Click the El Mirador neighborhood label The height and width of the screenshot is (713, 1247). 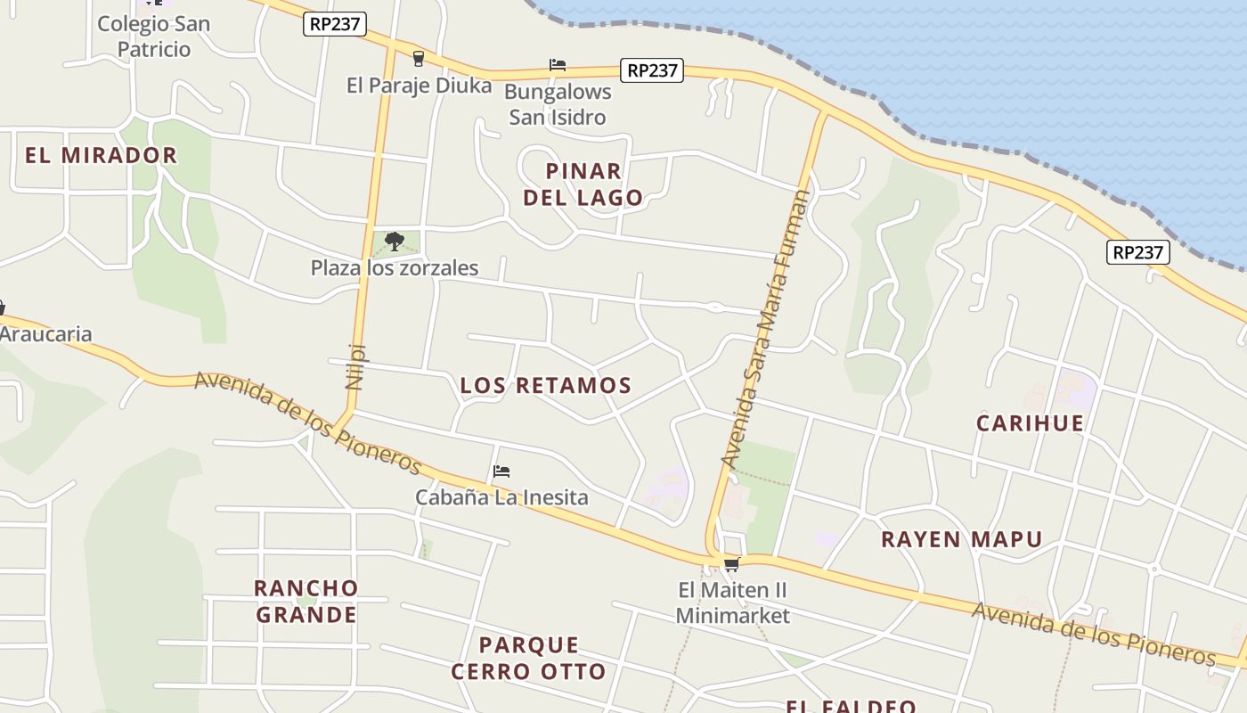[x=101, y=155]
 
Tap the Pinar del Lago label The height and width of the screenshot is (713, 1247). [x=583, y=184]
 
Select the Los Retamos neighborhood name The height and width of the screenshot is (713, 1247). [x=545, y=385]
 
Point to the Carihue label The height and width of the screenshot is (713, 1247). [x=1030, y=422]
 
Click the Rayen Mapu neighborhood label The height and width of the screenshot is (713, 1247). [x=961, y=539]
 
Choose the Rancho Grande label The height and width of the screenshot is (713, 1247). [x=306, y=602]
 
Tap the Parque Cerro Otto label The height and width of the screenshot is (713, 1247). [x=528, y=658]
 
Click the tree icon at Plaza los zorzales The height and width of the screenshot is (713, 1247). [x=395, y=241]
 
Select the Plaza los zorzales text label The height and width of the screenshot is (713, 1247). [x=395, y=267]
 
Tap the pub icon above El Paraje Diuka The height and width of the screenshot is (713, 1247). [x=418, y=59]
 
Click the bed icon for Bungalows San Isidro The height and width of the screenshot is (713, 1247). [x=558, y=65]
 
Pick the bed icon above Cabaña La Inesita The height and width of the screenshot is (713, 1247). [x=501, y=471]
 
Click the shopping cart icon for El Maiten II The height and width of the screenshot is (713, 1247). [x=732, y=564]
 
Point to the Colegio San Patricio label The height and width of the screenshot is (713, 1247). [x=153, y=37]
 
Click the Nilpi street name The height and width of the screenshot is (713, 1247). [x=355, y=366]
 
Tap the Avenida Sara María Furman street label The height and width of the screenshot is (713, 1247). [x=765, y=329]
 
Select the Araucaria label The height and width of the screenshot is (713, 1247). [x=46, y=334]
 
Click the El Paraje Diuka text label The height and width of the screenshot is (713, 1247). [x=419, y=86]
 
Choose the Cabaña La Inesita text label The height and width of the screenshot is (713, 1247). [x=501, y=497]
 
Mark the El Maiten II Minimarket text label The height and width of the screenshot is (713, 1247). [x=732, y=602]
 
